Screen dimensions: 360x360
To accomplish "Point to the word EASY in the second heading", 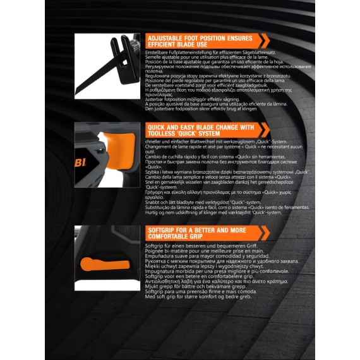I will point(193,127).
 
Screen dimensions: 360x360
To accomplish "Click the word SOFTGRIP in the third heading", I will point(162,230).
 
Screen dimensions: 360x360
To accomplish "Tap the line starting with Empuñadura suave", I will point(203,256).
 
